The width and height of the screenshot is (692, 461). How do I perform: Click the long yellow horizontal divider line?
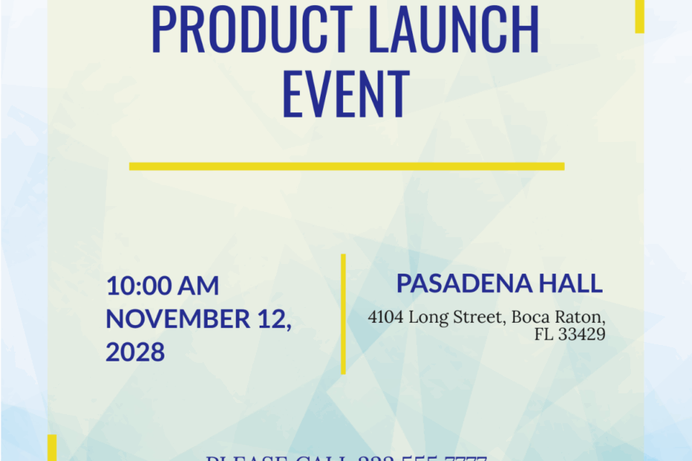346,167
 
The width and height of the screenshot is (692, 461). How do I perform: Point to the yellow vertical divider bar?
343,314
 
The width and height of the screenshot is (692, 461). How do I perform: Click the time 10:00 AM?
162,286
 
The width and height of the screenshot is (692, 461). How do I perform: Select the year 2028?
135,352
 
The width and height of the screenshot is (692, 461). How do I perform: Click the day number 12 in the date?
272,318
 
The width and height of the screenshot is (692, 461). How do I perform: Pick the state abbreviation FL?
543,335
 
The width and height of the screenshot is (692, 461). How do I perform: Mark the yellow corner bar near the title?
639,16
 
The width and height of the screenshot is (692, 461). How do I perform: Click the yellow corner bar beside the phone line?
52,448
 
